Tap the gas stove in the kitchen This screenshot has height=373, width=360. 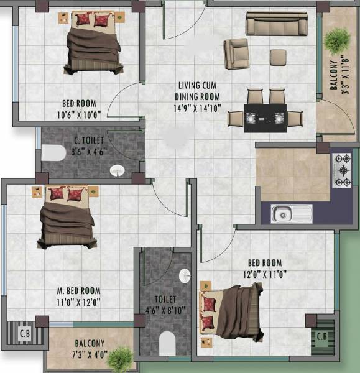[341, 169]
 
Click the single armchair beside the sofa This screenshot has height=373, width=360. [236, 53]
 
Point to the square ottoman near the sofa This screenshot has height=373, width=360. [277, 57]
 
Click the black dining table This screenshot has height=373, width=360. [265, 117]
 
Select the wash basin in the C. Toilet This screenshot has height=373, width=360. [117, 170]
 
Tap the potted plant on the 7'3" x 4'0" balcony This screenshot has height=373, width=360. [120, 358]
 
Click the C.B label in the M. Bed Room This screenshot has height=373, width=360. [25, 332]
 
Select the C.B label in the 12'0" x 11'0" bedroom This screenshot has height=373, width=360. [321, 336]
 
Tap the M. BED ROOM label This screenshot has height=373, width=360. [77, 290]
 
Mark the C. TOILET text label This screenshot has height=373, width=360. [91, 132]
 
